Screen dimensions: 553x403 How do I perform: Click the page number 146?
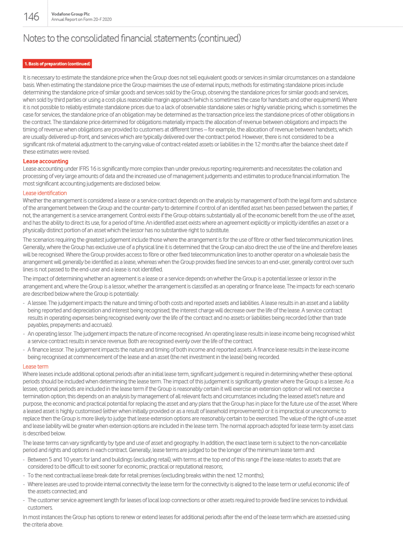pos(31,17)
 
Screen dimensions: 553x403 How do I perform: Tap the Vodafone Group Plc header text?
pos(70,14)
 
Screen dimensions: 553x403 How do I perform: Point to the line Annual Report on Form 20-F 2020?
pos(81,20)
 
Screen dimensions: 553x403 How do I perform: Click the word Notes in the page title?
pos(35,38)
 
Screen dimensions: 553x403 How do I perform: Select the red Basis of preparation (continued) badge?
pos(57,64)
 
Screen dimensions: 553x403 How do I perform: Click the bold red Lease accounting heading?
pos(46,161)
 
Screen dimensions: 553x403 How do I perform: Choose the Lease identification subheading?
pos(45,193)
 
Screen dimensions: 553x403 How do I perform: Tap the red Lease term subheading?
pos(35,367)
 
